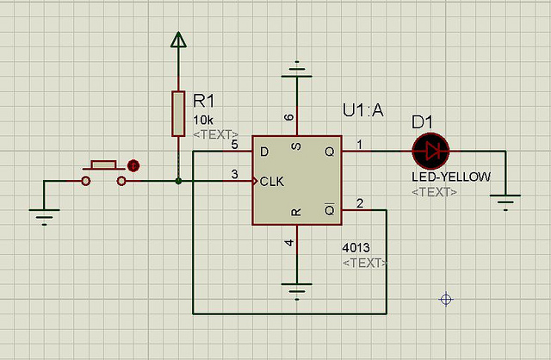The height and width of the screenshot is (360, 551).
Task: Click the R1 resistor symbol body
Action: coord(178,113)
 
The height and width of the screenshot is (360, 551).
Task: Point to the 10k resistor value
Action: coord(204,120)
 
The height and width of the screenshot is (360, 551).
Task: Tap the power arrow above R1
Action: coord(178,40)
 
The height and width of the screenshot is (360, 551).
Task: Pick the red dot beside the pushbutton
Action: coord(133,165)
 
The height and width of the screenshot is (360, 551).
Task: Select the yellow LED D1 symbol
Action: coord(430,152)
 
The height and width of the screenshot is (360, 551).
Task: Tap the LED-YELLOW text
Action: coord(451,177)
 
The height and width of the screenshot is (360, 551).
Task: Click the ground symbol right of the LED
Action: coord(505,203)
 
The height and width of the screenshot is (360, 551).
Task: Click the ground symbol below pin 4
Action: coord(296,289)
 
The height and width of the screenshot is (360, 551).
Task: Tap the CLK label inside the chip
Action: coord(273,182)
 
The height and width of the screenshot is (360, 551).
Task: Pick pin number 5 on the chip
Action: coord(234,145)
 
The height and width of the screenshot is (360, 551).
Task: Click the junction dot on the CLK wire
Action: coord(178,181)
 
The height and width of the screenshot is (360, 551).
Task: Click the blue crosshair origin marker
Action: coord(446,299)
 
